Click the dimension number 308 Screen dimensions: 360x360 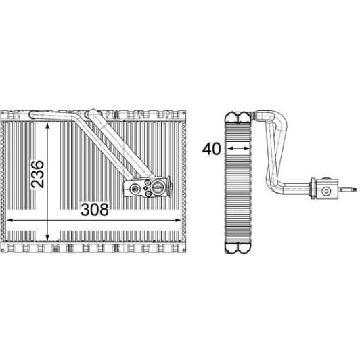click(x=95, y=209)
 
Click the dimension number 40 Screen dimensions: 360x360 click(x=212, y=148)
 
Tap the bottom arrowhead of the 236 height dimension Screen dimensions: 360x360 click(x=48, y=229)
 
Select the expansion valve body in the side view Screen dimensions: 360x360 click(x=328, y=187)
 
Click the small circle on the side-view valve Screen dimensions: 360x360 click(x=328, y=191)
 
